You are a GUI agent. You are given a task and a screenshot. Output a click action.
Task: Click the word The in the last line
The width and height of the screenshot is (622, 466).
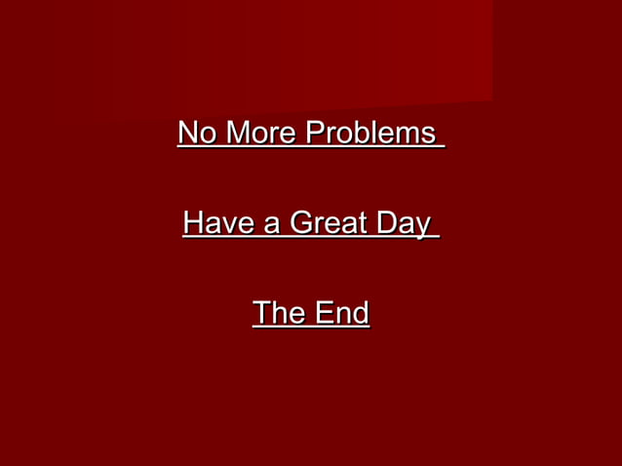(279, 313)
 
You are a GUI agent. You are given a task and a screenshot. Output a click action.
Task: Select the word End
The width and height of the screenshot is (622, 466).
(342, 313)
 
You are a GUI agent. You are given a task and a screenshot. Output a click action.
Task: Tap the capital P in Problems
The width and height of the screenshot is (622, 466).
(315, 133)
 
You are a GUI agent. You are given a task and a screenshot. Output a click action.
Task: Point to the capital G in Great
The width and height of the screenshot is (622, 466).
(301, 223)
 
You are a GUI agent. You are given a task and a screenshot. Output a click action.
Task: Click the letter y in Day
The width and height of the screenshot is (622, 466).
(422, 227)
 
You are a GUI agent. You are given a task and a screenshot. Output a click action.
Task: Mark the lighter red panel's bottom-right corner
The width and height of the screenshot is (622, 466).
(491, 99)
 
